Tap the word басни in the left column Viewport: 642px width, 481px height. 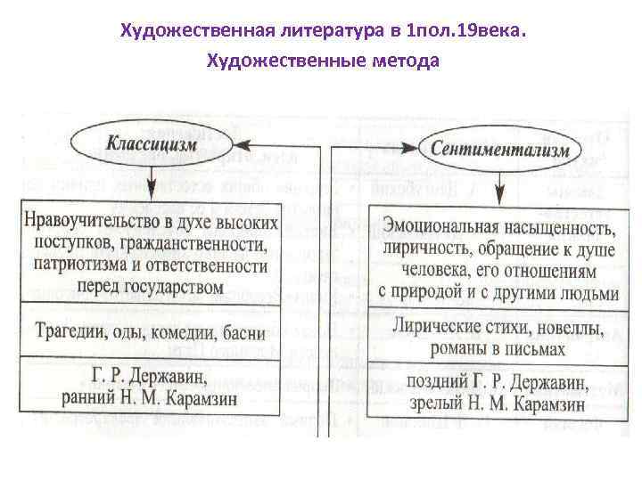pyautogui.click(x=243, y=334)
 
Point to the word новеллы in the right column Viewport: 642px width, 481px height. pyautogui.click(x=559, y=327)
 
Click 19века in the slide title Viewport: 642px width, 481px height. pyautogui.click(x=482, y=31)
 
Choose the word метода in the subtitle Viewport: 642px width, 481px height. pyautogui.click(x=407, y=62)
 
